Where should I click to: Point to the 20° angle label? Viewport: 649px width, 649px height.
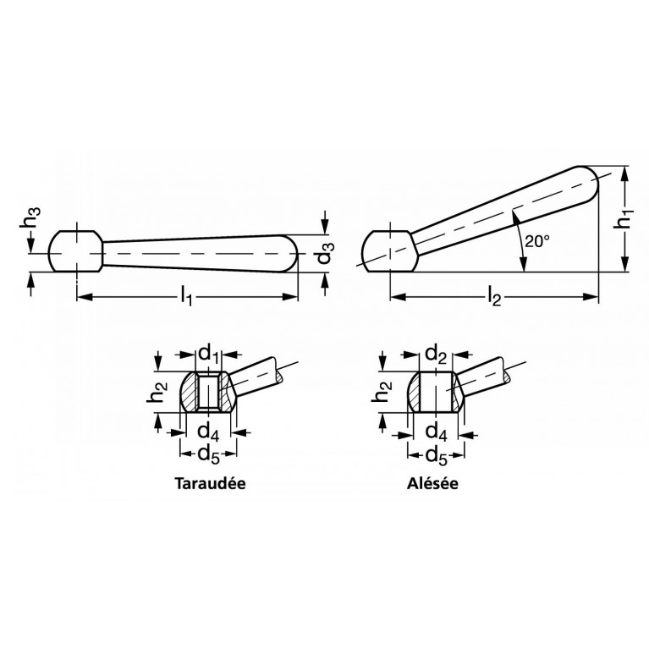536,241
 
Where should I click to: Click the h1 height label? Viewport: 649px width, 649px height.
625,218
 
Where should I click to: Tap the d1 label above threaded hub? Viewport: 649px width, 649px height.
210,355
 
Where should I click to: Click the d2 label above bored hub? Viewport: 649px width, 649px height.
436,355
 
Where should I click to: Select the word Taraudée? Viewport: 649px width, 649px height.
210,483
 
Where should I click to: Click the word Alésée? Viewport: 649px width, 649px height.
432,483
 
